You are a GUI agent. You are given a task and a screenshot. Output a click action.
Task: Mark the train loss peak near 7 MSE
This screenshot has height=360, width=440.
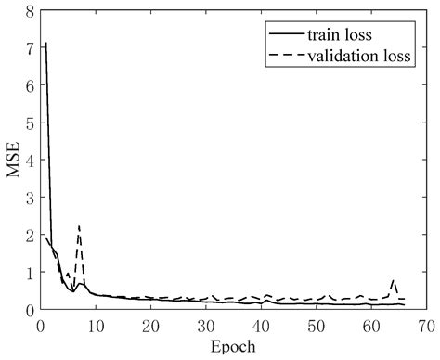pos(45,43)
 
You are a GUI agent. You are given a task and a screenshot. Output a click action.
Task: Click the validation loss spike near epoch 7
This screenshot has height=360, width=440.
pos(79,226)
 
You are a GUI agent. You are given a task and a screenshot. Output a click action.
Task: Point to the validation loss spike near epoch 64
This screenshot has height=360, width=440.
pos(394,280)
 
